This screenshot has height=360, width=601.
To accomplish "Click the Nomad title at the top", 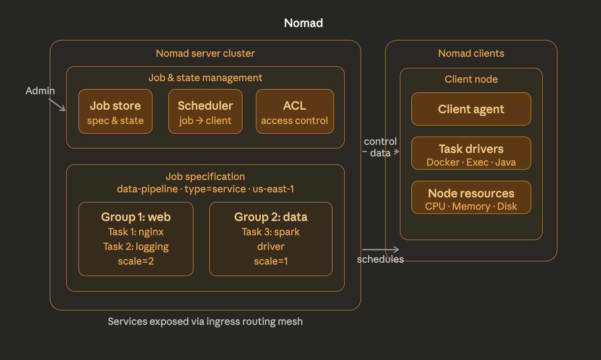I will coord(303,23).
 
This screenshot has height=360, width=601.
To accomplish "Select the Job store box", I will coord(115,112).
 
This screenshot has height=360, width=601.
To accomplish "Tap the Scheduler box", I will coord(205,112).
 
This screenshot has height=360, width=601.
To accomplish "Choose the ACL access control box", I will coord(295,112).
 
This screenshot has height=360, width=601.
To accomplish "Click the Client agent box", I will coord(471,109).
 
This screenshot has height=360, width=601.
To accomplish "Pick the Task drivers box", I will coord(471,153).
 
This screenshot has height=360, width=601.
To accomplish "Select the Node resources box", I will coord(471,197).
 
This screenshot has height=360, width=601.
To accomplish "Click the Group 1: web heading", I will coord(136,217).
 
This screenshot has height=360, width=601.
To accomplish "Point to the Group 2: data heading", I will coord(271,217).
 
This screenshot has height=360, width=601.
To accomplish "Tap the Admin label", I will coord(40,91).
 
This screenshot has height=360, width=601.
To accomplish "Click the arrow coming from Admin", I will coord(57,105).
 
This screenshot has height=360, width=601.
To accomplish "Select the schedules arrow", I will coord(380,250).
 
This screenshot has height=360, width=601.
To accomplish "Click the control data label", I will coord(380,147).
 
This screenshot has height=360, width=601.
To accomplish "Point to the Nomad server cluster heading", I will coord(205,53).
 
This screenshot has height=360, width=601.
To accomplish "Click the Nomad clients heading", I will coord(471,53).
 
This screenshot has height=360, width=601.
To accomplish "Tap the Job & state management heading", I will coord(205,78).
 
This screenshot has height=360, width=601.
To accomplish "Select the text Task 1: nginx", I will coord(136,232).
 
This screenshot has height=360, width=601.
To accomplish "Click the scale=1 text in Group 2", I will coord(271,261).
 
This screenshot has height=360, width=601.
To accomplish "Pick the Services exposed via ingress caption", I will coord(205,321).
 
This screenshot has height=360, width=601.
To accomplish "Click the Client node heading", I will coord(471,79).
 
